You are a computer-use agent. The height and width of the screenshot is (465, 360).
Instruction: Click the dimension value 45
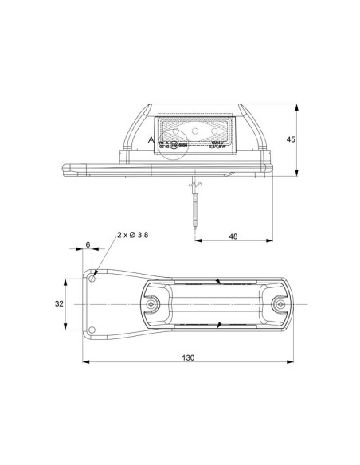tap(291, 139)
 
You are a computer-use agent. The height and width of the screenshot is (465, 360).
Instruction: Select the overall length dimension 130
tap(188, 358)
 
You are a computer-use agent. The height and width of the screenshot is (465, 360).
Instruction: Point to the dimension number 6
tap(88, 245)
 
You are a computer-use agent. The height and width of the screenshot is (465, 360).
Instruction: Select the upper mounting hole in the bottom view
tap(95, 279)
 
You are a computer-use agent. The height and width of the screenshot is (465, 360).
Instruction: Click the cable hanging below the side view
tap(194, 207)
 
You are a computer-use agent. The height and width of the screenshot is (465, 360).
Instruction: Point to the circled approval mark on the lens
tap(182, 143)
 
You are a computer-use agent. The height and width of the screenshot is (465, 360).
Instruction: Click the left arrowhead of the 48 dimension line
tap(197, 243)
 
